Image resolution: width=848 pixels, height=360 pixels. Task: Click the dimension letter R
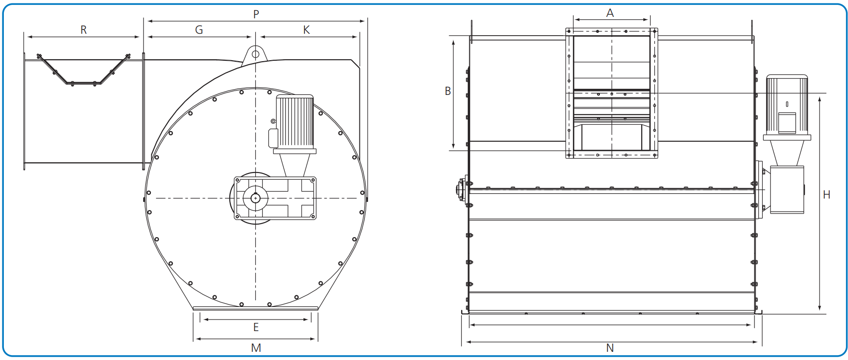[x=83, y=30]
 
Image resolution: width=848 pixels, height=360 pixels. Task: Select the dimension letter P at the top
[x=256, y=14]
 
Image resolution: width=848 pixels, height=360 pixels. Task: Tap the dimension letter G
[x=199, y=30]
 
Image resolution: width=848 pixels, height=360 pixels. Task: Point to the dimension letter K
[x=306, y=30]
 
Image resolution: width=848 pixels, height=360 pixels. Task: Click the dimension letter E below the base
[x=256, y=328]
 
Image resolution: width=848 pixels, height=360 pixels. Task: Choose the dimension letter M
[x=256, y=348]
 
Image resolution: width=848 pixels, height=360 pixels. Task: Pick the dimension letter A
[x=610, y=13]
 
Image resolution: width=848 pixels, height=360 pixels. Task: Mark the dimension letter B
[x=448, y=91]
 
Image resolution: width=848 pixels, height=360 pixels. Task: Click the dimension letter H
[x=826, y=195]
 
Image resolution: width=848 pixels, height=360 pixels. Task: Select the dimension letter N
[x=610, y=348]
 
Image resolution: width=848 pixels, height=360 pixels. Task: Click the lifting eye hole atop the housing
[x=255, y=53]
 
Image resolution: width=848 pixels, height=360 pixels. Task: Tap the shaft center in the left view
[x=255, y=198]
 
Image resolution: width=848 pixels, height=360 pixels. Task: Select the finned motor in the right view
[x=787, y=104]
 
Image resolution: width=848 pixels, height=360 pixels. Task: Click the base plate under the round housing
[x=255, y=308]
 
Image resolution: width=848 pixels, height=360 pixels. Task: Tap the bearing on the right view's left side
[x=462, y=189]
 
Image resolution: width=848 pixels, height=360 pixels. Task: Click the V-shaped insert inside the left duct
[x=83, y=72]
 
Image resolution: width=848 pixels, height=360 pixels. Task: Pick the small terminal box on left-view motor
[x=273, y=138]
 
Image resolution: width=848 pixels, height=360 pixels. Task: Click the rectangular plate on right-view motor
[x=787, y=122]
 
